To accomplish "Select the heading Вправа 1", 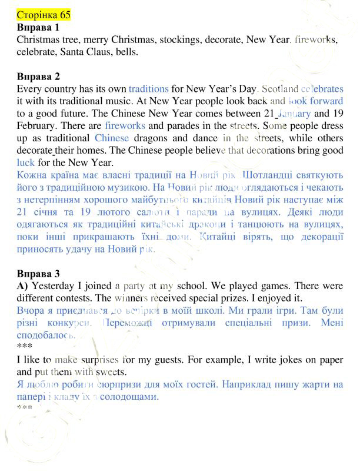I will pos(38,27).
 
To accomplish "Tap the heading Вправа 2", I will pos(38,77).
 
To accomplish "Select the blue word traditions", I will pos(148,89).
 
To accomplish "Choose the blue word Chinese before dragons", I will pos(111,138).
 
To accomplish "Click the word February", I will pos(37,126).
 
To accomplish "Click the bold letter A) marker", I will pos(23,286).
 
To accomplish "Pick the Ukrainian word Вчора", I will pos(31,310).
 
